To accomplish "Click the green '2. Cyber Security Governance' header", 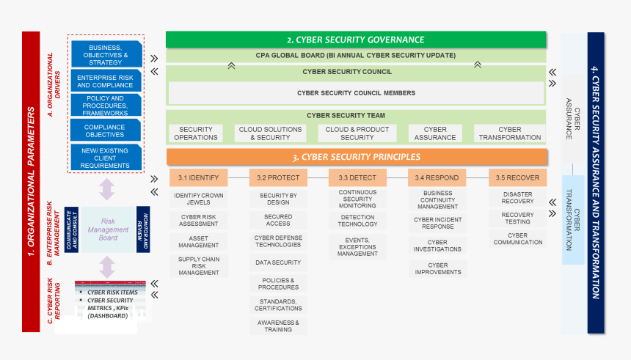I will point(356,40).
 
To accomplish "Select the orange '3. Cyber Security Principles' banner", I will point(357,157).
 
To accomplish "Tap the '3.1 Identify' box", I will point(199,177).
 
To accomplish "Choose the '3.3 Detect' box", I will point(357,177).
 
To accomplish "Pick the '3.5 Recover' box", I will point(517,177).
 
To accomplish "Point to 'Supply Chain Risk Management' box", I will point(199,266).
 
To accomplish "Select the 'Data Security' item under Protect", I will point(278,262).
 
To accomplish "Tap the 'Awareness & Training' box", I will point(278,326).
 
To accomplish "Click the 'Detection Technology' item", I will point(357,221).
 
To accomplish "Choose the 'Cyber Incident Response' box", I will point(437,223).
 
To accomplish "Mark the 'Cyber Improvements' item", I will point(437,269).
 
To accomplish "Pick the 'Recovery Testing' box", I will point(517,218).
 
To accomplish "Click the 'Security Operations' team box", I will point(196,133).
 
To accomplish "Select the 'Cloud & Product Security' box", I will point(357,133).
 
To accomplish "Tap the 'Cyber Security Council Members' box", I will point(356,93).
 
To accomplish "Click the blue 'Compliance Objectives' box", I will point(105,131).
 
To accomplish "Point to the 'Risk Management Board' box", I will point(108,229).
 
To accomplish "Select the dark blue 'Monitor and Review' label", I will point(143,229).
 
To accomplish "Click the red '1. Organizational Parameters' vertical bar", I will point(31,181).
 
